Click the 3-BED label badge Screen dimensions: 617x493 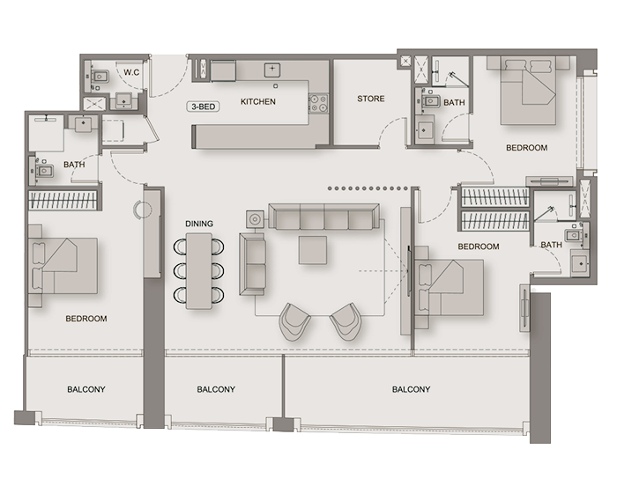[203, 107]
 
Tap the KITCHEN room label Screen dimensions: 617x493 [258, 101]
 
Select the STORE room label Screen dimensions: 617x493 [371, 99]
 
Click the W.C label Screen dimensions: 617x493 [131, 72]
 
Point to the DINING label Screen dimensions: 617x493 [199, 224]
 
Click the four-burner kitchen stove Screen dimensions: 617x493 [318, 103]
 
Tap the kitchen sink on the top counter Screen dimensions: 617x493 [271, 70]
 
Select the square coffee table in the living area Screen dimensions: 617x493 [312, 250]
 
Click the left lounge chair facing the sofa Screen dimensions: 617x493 [294, 321]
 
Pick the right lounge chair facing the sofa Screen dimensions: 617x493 [346, 321]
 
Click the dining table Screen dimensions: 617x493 [198, 271]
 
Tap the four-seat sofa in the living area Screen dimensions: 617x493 [323, 217]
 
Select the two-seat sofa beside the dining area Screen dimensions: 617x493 [252, 264]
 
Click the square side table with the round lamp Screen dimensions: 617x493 [256, 219]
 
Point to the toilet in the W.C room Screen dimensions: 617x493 [99, 76]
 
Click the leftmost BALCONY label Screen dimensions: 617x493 [86, 389]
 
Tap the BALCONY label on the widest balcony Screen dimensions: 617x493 [412, 389]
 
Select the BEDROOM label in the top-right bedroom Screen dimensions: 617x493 [526, 148]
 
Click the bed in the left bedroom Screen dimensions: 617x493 [63, 266]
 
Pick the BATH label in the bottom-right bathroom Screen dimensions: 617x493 [551, 245]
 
